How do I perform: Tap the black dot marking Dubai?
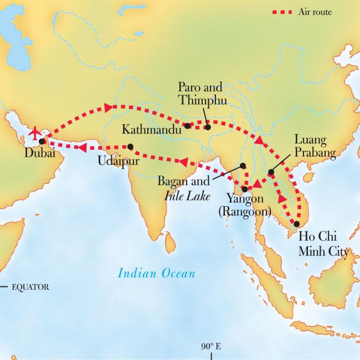43,142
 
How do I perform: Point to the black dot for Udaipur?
130,147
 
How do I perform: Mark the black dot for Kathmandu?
187,126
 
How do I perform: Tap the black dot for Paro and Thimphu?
208,127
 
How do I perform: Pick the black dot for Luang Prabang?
271,172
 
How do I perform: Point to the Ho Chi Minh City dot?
297,224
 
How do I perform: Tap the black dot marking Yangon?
244,189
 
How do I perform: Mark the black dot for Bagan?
243,165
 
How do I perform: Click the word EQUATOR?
30,287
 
